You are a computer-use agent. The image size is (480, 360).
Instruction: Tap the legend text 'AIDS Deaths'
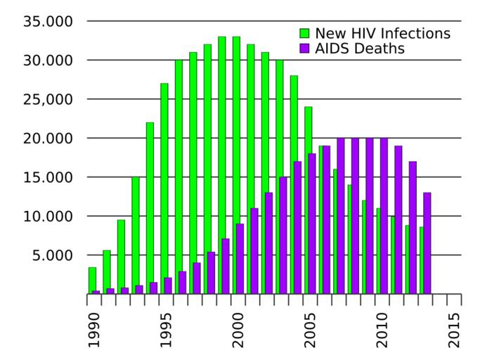[359, 49]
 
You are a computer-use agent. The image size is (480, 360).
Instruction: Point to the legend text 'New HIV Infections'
[382, 34]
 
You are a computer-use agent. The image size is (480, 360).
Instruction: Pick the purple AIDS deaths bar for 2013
[427, 243]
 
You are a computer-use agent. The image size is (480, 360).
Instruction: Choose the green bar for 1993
[136, 235]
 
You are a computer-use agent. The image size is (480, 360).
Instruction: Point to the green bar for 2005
[308, 200]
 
